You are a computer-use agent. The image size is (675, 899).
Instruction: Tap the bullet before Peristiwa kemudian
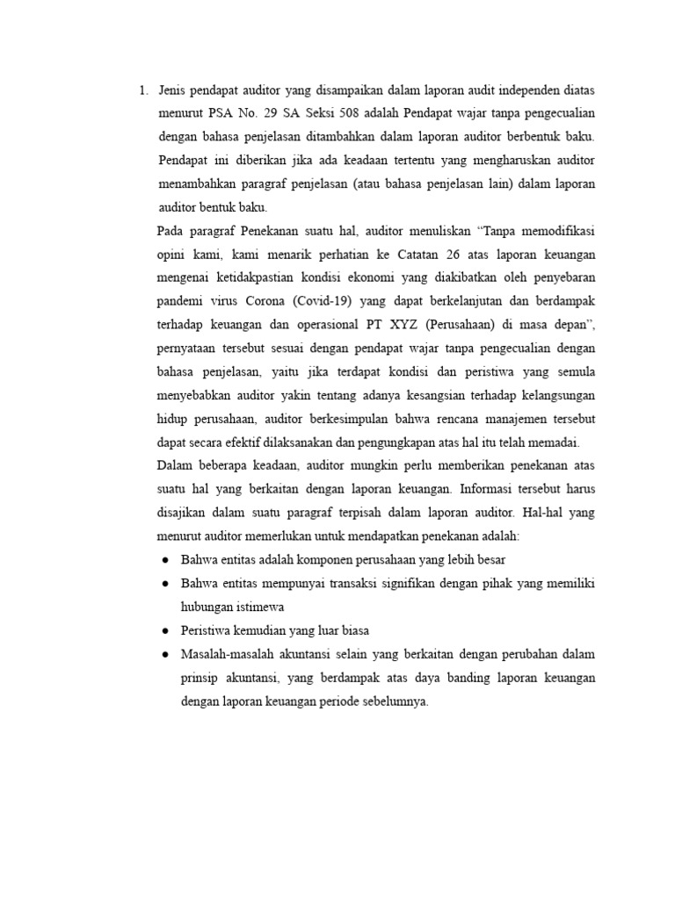[165, 631]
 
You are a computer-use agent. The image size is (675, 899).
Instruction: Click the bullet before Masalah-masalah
[165, 655]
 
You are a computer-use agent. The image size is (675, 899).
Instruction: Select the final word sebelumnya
[396, 701]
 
